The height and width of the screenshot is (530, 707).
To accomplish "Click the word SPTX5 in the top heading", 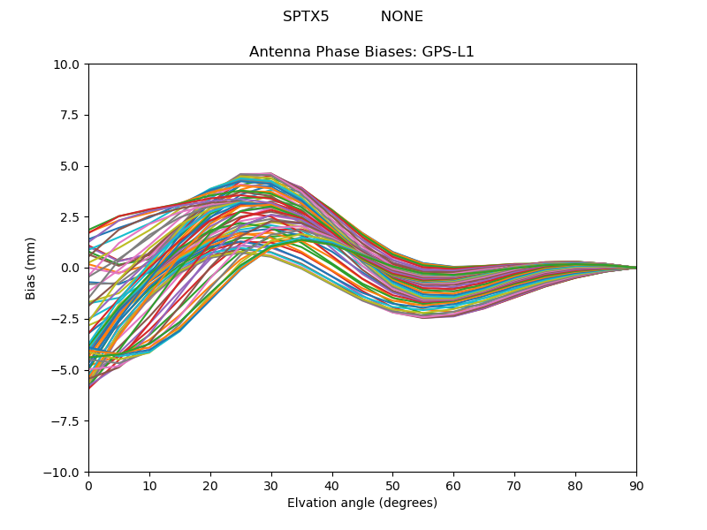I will (306, 17).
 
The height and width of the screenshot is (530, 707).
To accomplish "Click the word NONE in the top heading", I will (402, 17).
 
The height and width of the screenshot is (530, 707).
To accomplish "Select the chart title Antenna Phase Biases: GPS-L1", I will (361, 52).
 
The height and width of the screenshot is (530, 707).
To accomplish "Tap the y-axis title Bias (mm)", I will (31, 268).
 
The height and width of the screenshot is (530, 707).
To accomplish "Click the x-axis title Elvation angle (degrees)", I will (361, 503).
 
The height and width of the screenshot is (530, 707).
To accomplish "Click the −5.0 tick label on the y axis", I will (66, 370).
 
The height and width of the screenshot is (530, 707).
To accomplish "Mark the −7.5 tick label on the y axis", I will (66, 421).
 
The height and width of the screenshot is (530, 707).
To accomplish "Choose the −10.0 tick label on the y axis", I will (63, 472).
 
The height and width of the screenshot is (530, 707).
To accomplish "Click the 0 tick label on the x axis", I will (88, 486).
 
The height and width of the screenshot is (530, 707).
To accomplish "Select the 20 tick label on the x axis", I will (210, 486).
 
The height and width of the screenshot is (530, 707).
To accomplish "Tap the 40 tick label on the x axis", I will (332, 486).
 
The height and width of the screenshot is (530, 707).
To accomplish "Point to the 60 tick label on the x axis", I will (453, 486).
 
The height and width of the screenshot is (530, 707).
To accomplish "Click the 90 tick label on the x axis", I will (636, 486).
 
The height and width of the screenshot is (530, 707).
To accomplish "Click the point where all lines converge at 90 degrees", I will (635, 268).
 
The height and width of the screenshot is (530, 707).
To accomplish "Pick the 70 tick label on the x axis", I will (514, 486).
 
